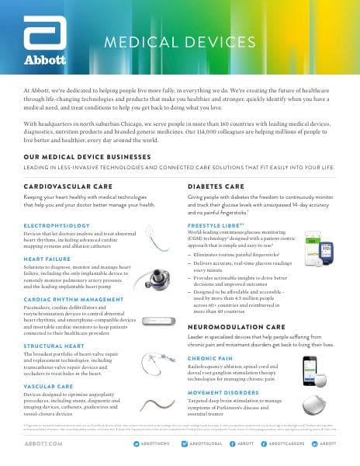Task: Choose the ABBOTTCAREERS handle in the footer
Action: coord(289,442)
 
